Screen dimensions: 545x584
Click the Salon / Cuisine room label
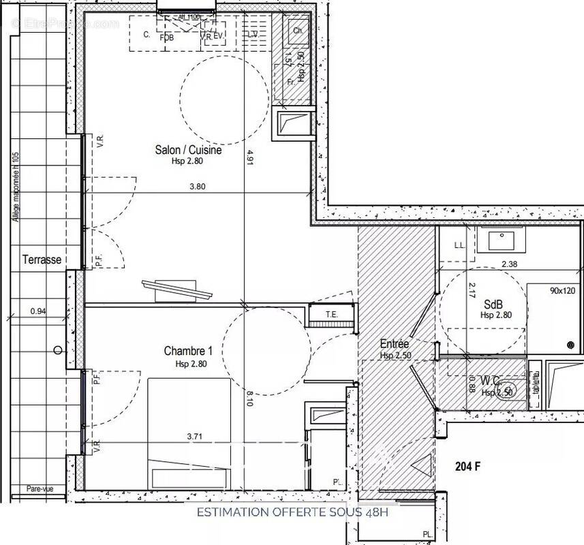(x=187, y=150)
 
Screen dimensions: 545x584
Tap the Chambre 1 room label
(x=188, y=351)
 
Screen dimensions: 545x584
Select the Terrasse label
(x=42, y=260)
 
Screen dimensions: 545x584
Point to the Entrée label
(x=394, y=344)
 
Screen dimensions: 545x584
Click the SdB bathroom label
(x=495, y=305)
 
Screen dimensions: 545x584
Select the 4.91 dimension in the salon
(x=250, y=157)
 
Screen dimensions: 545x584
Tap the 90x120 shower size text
(x=563, y=290)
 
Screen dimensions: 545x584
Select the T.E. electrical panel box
(x=333, y=315)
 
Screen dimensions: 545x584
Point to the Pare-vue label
(x=40, y=488)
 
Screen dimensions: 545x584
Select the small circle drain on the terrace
(x=58, y=350)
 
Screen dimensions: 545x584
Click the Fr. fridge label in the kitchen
(x=290, y=82)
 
